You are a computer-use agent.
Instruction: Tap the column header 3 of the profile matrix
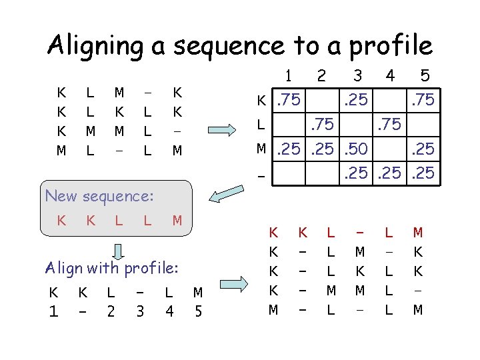point(358,75)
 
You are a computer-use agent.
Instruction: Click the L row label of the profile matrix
point(263,124)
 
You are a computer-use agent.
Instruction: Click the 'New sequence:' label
point(99,196)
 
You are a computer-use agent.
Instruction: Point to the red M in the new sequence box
point(177,219)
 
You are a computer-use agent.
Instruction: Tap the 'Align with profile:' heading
point(111,268)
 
